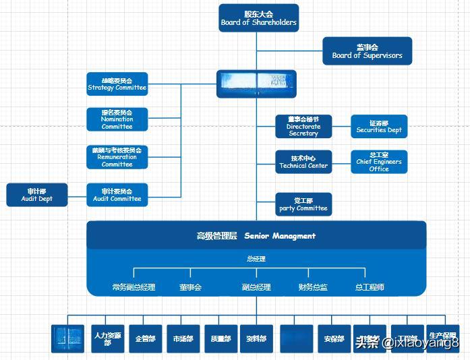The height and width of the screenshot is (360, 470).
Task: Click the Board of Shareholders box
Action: (258, 18)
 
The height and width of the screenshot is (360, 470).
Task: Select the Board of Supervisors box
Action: (367, 51)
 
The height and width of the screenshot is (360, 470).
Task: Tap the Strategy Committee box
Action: (117, 84)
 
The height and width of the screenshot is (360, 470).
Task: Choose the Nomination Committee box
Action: (117, 119)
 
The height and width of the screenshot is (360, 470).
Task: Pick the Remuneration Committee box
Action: (117, 157)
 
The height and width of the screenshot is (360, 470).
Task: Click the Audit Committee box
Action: (117, 195)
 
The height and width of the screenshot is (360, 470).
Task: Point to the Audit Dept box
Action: (36, 195)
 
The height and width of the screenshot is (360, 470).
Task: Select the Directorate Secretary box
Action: (303, 126)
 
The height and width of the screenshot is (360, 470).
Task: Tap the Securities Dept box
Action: (379, 126)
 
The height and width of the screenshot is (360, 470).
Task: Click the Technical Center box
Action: (303, 162)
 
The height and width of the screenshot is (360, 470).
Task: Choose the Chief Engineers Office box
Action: (379, 162)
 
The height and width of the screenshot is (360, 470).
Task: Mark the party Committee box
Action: (303, 204)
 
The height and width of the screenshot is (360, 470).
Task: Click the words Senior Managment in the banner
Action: (280, 236)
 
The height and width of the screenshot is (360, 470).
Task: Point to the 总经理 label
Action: (256, 259)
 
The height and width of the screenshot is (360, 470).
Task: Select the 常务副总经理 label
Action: (134, 287)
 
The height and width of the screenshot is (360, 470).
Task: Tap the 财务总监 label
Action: (313, 287)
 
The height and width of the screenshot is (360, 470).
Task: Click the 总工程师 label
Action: (370, 287)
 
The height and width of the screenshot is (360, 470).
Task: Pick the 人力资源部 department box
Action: (108, 338)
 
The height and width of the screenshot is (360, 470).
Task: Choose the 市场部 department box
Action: (183, 338)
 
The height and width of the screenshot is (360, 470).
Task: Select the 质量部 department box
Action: (221, 338)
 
